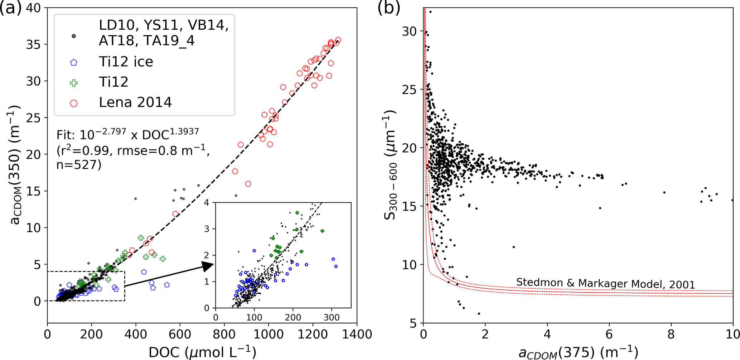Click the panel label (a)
coord(11,8)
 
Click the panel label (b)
coord(389,8)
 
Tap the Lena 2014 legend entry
coord(135,103)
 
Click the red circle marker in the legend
coord(74,104)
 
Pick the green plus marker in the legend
coord(74,83)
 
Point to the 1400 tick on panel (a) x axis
coord(357,334)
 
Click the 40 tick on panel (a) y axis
coord(34,8)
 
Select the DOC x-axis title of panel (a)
coord(202,352)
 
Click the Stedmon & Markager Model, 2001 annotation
coord(605,283)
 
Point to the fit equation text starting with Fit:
coord(127,135)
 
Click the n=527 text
coord(79,165)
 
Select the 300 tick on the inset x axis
coord(332,317)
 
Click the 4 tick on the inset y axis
coord(207,203)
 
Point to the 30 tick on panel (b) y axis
coord(409,32)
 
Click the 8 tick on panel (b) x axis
coord(671,334)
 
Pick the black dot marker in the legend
coord(74,36)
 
